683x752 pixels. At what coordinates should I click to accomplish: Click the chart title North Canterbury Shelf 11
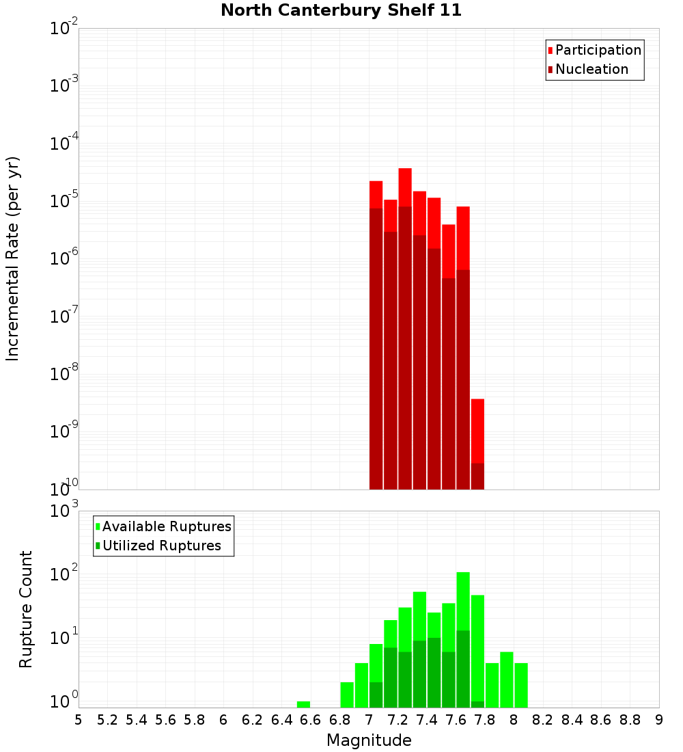click(x=341, y=11)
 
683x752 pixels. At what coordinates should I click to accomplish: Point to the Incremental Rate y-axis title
click(x=13, y=258)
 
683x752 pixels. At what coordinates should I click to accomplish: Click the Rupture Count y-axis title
click(x=26, y=609)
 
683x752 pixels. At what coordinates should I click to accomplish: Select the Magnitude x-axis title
click(x=369, y=740)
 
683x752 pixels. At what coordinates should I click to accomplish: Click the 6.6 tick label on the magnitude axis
click(x=310, y=720)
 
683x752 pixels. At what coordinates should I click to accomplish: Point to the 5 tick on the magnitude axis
click(x=79, y=720)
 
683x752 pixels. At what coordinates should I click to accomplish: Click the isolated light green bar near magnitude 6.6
click(x=303, y=704)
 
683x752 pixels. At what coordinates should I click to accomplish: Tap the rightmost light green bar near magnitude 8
click(x=521, y=685)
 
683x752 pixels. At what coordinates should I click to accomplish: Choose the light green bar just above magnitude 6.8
click(x=347, y=695)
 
